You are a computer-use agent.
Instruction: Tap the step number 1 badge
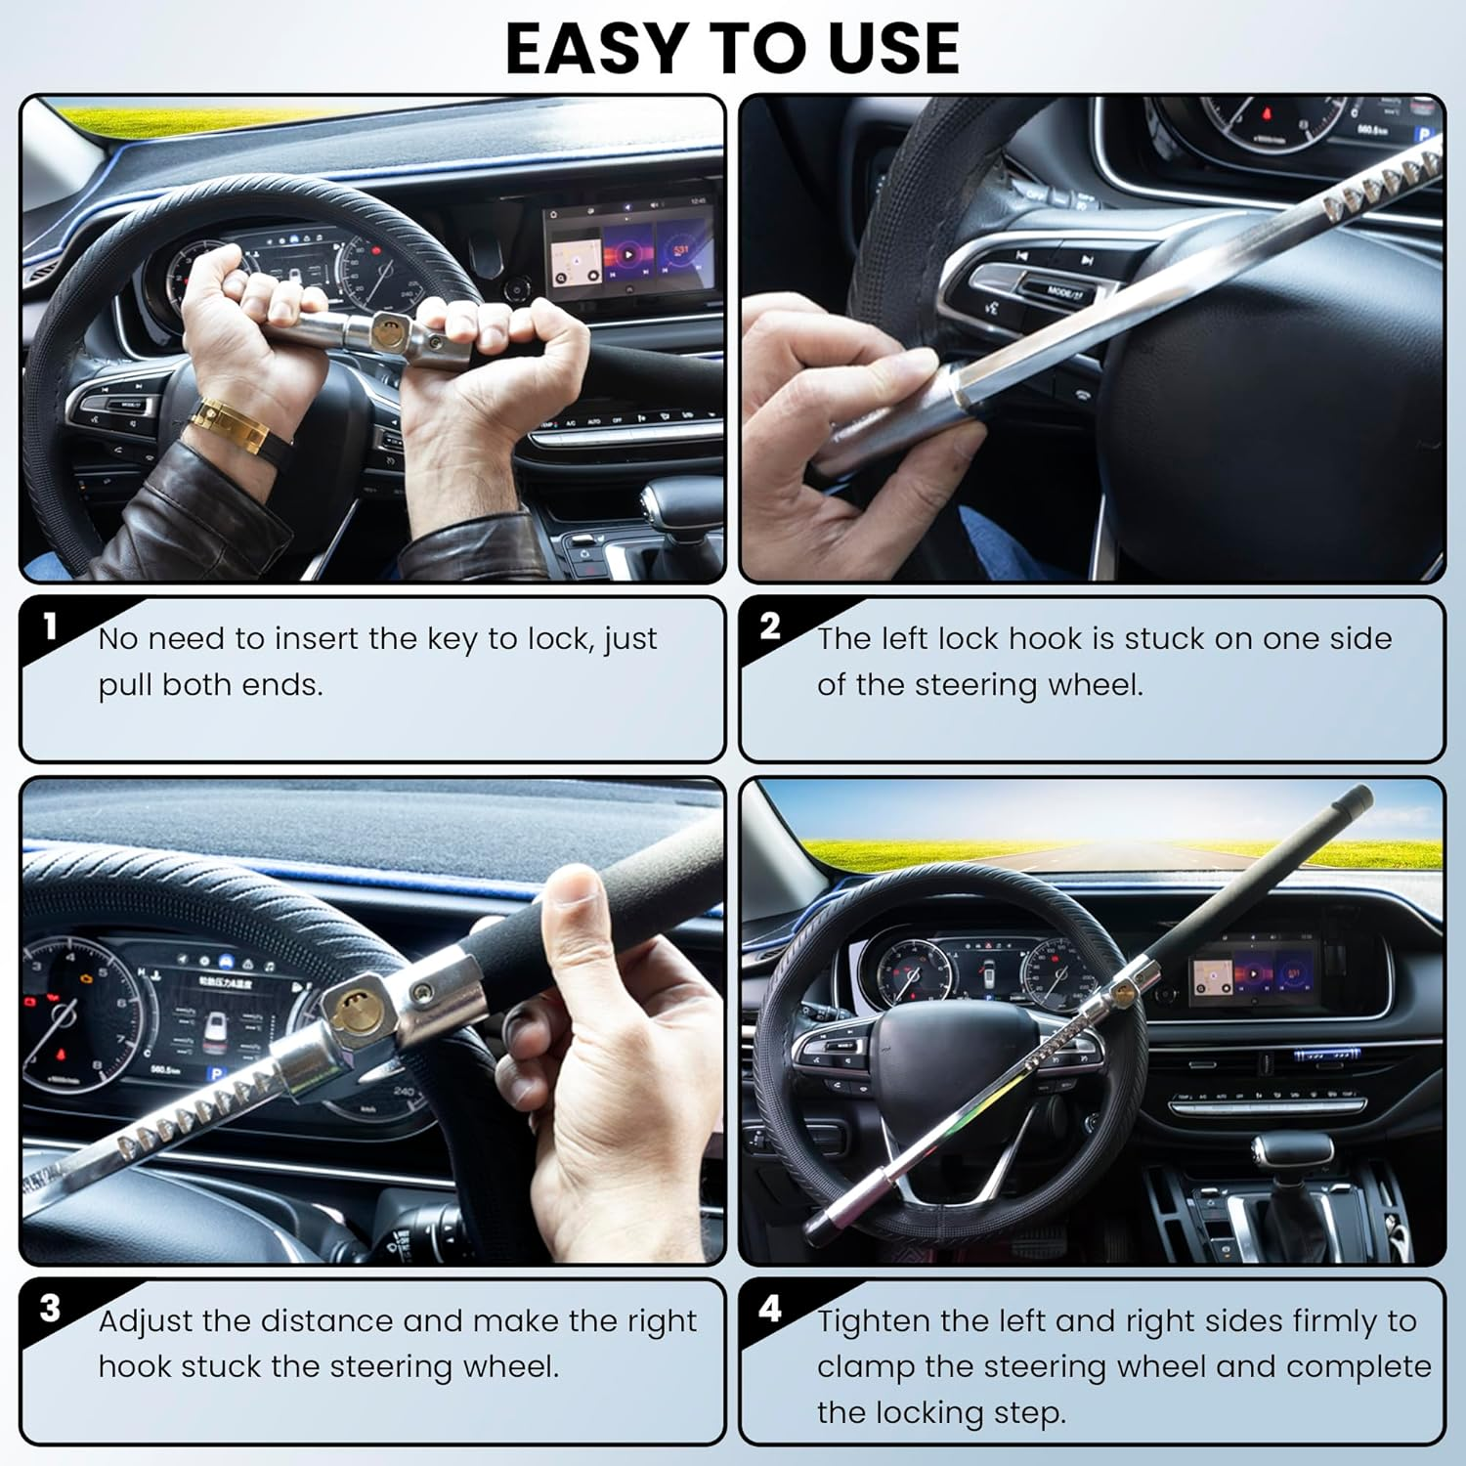point(50,625)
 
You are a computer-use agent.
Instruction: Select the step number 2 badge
point(770,625)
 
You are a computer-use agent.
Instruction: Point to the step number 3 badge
point(50,1308)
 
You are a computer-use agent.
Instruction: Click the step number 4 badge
point(770,1308)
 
